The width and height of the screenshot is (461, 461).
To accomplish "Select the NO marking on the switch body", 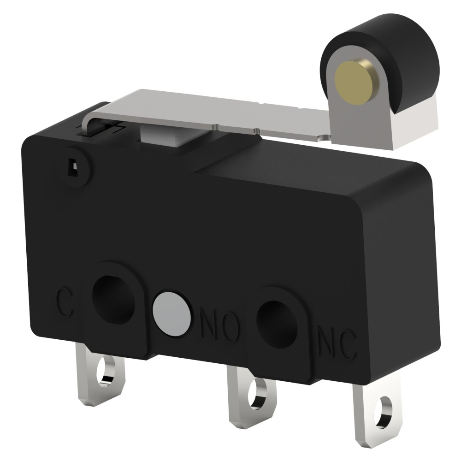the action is point(219,325).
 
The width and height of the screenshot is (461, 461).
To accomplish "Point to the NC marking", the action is point(337,344).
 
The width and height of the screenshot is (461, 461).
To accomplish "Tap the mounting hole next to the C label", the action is point(113,300).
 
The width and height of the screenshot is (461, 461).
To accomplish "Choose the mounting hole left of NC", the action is point(277,324).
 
